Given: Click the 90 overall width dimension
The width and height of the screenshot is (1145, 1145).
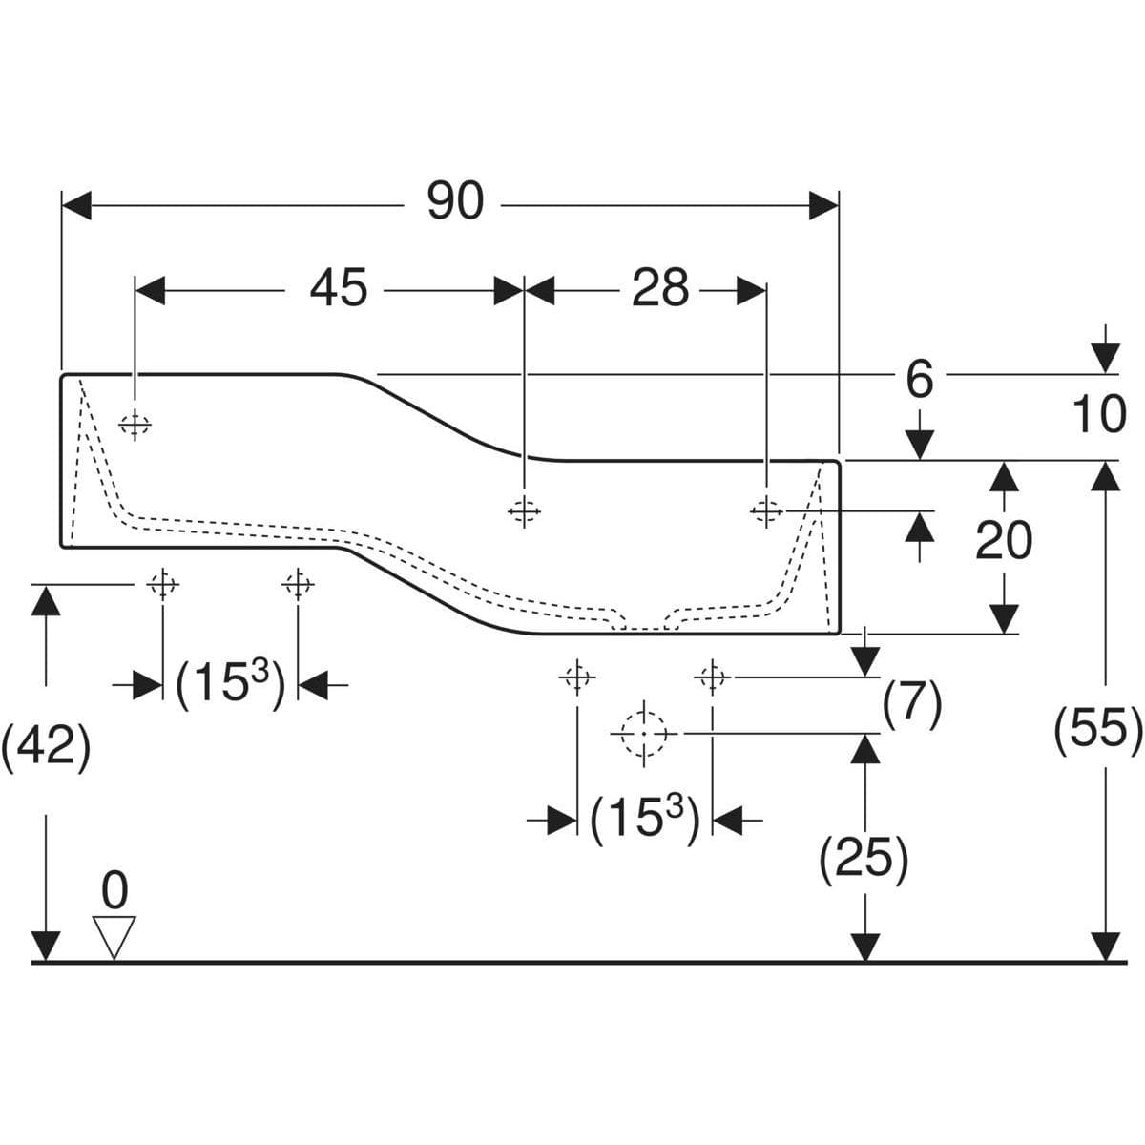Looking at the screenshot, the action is coord(455,200).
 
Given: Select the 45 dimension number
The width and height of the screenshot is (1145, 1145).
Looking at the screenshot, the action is coord(339,287).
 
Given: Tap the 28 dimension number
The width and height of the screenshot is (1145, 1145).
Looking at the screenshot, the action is coord(660,287).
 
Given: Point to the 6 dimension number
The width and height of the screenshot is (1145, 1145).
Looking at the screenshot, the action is coord(919,381).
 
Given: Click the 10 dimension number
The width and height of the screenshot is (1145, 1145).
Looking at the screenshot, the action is coord(1098,414).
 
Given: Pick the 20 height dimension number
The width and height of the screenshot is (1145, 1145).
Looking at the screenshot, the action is coord(1004,540).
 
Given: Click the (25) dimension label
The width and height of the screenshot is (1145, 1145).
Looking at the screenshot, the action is coord(864,859).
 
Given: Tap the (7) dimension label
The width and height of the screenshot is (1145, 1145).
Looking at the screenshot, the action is coord(912,705).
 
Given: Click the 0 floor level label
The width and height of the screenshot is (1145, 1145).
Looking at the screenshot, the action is coord(114,890).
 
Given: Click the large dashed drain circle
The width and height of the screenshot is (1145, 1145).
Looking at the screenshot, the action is coord(644,735).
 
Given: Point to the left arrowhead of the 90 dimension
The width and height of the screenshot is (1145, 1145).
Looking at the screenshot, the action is coord(76,205).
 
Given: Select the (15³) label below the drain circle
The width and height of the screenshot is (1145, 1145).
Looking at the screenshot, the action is coord(645,821).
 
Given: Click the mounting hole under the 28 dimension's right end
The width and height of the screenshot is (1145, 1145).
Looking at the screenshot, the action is coord(766,510).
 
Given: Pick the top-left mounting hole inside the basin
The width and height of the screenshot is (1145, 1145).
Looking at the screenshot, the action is coord(135,425).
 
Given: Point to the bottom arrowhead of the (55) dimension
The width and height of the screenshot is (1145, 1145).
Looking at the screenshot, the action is coord(1105,946).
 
